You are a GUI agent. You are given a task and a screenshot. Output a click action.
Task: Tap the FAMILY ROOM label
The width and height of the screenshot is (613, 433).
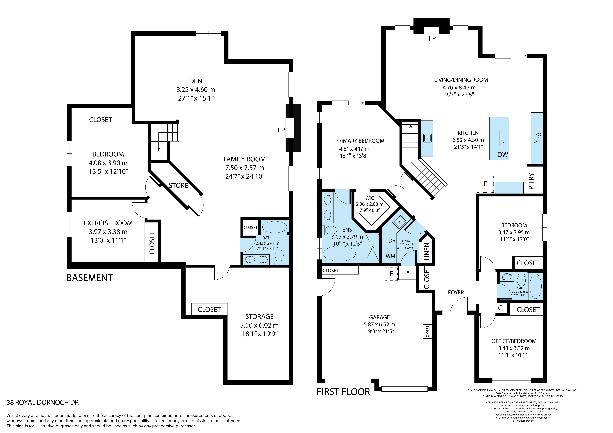point(245,159)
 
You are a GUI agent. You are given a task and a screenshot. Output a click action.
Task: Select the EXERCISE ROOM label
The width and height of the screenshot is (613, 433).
point(108,223)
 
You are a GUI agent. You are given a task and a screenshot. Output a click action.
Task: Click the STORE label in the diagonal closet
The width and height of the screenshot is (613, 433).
point(178,185)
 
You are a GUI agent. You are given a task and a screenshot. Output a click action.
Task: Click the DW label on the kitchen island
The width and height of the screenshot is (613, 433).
point(503,154)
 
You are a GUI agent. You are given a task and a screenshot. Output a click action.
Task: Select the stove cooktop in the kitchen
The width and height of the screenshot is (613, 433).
point(537,138)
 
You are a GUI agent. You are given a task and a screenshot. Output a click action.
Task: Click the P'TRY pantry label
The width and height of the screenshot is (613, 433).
point(531,181)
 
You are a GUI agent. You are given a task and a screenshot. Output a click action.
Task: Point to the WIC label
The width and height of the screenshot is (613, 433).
point(369,198)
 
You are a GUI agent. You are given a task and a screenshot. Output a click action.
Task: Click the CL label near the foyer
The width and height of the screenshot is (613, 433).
point(502,308)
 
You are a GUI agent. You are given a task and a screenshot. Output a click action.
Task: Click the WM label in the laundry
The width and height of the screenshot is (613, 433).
point(390,256)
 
